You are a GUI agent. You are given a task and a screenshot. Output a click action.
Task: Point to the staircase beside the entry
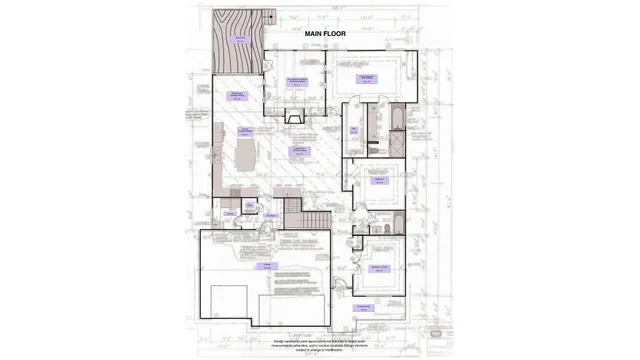click(292, 213)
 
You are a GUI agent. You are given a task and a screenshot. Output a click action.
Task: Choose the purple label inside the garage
click(268, 267)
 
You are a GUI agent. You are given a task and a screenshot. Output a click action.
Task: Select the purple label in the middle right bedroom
click(380, 179)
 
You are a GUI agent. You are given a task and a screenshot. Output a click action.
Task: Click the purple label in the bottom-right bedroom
click(379, 267)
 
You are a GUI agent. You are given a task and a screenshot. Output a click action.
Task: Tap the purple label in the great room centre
click(297, 151)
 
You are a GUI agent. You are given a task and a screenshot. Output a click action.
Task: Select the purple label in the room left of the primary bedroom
click(297, 80)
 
